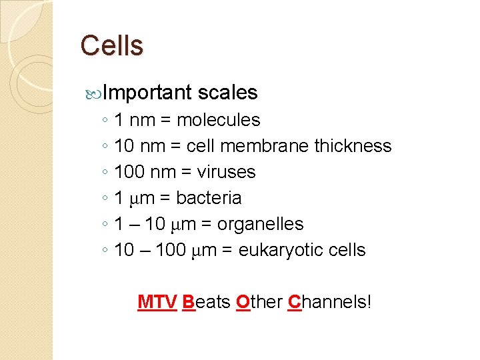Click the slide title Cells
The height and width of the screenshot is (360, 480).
point(111,46)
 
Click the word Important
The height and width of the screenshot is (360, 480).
point(147,93)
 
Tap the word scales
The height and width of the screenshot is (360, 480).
point(227,93)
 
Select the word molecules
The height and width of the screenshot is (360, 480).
point(218,120)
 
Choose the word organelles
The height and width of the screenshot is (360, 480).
point(260,224)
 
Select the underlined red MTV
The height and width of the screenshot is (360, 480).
point(157,302)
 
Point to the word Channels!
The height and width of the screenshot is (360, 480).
point(329,302)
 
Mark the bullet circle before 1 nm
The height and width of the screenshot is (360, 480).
point(106,121)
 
